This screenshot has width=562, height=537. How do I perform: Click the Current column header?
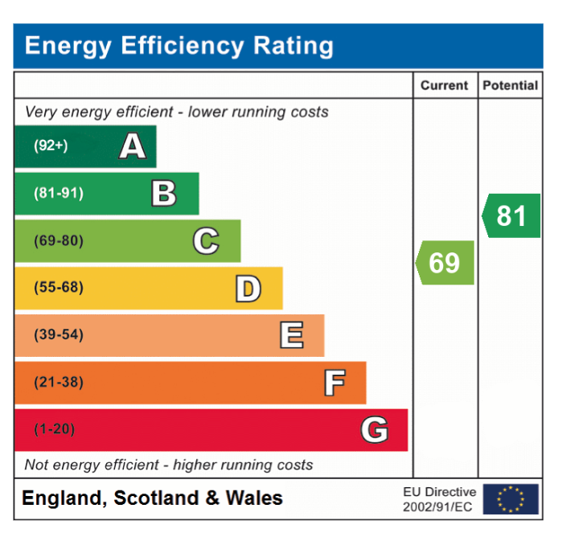click(444, 85)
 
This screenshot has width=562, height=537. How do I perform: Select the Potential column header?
click(511, 85)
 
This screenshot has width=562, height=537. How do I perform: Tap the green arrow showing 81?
click(511, 215)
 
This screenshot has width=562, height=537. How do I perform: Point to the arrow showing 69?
click(445, 263)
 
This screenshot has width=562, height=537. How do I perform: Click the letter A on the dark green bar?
click(133, 146)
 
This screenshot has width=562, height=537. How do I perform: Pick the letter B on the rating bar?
click(164, 193)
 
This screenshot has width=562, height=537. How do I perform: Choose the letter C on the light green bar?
click(206, 241)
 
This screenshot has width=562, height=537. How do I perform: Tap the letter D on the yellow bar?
click(248, 289)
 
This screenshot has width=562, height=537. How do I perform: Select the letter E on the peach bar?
click(292, 335)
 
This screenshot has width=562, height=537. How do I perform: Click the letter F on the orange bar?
click(334, 383)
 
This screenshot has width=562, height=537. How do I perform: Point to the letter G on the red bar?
click(375, 430)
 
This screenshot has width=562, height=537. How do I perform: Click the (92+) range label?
click(51, 146)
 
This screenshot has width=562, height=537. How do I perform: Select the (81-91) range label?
click(59, 193)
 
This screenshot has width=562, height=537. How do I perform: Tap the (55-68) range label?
click(59, 288)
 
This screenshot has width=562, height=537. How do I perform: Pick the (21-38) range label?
click(59, 382)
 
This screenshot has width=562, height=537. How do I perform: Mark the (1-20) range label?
click(55, 429)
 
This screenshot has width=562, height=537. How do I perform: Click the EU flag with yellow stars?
click(511, 499)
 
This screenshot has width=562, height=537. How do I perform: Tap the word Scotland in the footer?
click(156, 498)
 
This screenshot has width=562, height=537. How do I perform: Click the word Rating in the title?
click(293, 47)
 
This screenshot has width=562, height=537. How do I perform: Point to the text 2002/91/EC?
click(437, 507)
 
